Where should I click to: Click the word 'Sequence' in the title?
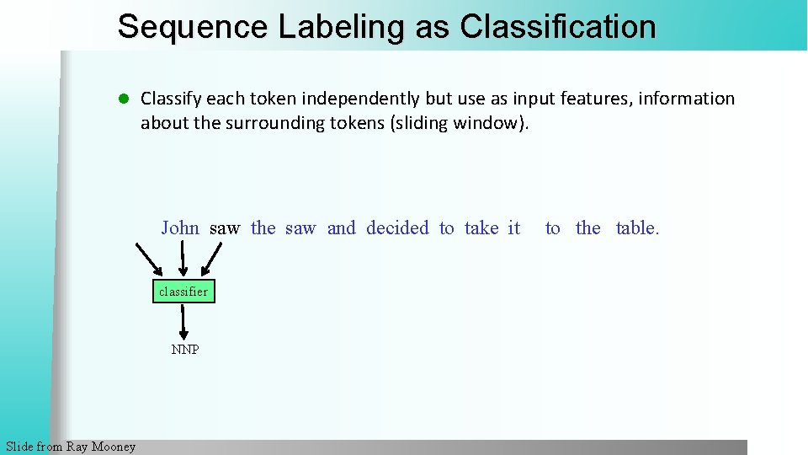pyautogui.click(x=192, y=27)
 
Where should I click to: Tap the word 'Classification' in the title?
pyautogui.click(x=558, y=27)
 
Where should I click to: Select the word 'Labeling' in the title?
pyautogui.click(x=342, y=27)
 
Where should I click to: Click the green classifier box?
pyautogui.click(x=183, y=292)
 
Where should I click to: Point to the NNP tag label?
pyautogui.click(x=185, y=350)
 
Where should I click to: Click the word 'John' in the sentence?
pyautogui.click(x=180, y=227)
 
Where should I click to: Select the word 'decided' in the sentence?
pyautogui.click(x=397, y=227)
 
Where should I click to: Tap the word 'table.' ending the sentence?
pyautogui.click(x=637, y=227)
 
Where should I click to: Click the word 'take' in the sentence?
pyautogui.click(x=481, y=227)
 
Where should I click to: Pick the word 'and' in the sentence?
pyautogui.click(x=341, y=227)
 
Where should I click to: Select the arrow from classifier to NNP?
pyautogui.click(x=183, y=321)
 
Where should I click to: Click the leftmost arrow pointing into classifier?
pyautogui.click(x=150, y=259)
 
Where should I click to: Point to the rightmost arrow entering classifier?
pyautogui.click(x=213, y=259)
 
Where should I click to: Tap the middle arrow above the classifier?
pyautogui.click(x=183, y=259)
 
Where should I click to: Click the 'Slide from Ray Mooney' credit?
pyautogui.click(x=70, y=447)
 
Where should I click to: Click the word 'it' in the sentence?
pyautogui.click(x=513, y=227)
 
